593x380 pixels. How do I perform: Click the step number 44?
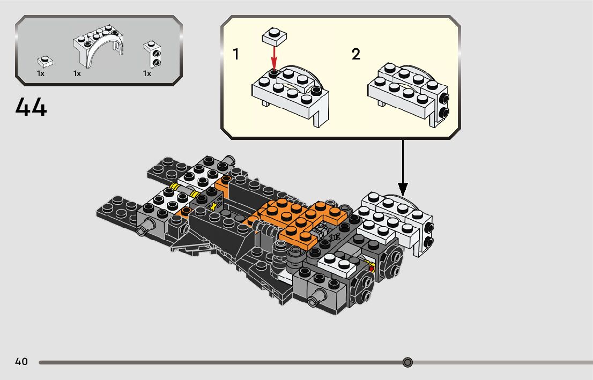(x=31, y=107)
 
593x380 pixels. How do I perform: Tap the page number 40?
(x=21, y=361)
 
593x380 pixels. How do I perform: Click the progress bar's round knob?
(x=407, y=363)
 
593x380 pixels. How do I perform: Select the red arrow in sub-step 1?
(x=274, y=58)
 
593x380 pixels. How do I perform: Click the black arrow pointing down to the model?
(x=403, y=168)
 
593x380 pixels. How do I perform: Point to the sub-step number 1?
(x=236, y=54)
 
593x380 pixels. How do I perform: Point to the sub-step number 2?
(x=356, y=54)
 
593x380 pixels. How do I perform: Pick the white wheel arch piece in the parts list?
(x=98, y=47)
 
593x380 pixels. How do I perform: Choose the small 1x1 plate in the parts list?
(x=45, y=62)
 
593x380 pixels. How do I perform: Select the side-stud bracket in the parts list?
(x=152, y=54)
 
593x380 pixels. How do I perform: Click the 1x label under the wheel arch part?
(x=77, y=73)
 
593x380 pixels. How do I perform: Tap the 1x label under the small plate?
(x=40, y=73)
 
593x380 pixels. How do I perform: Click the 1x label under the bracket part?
(x=147, y=73)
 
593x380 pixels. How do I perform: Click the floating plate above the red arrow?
(x=275, y=36)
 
